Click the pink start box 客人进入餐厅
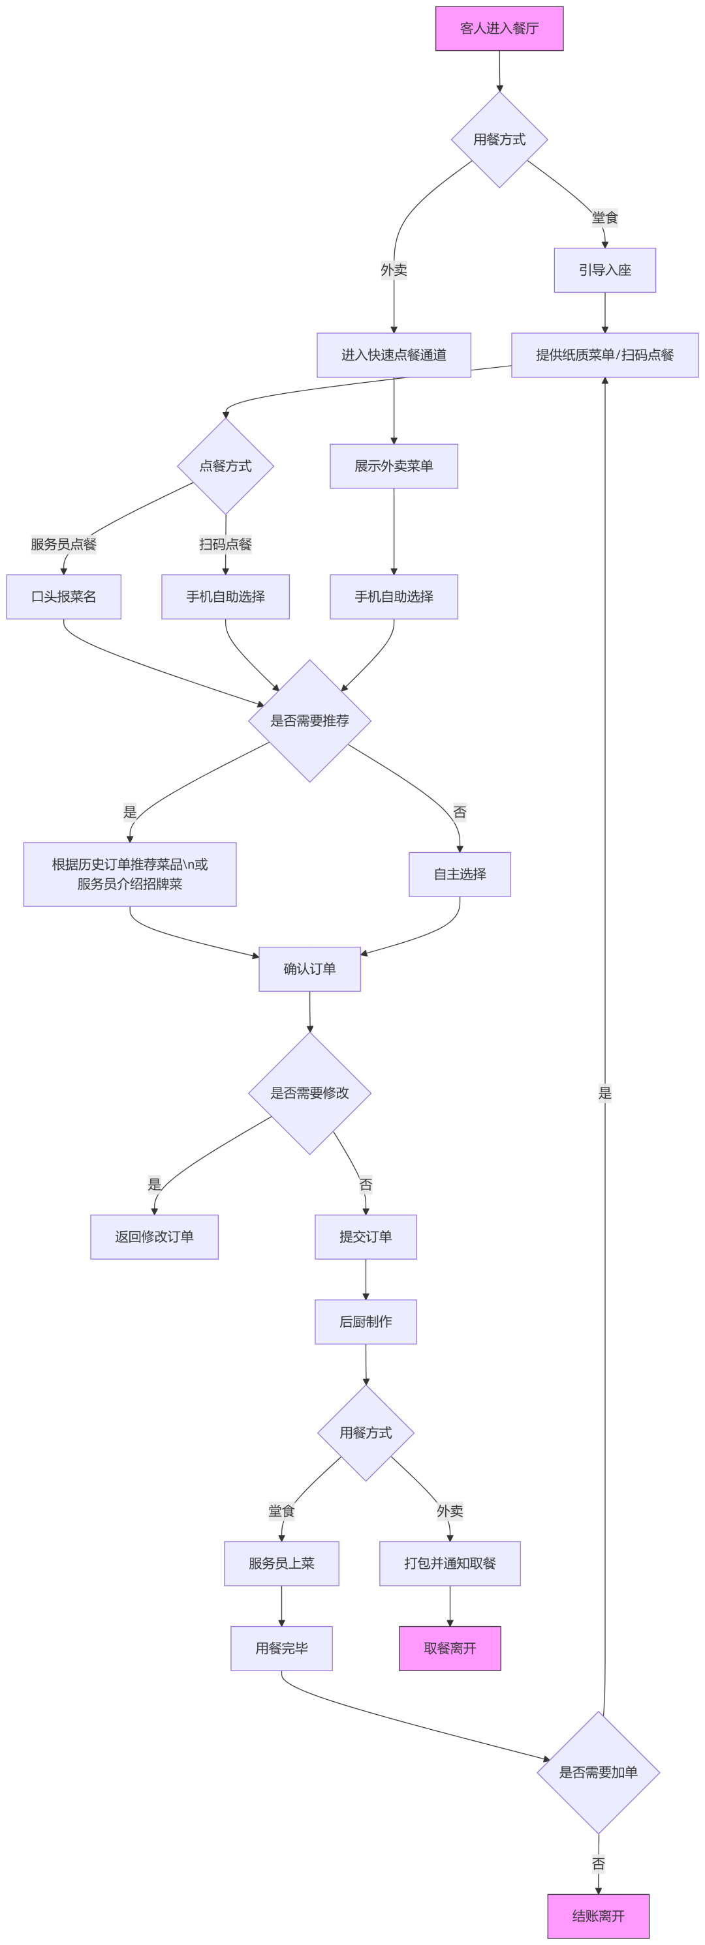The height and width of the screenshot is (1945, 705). coord(499,29)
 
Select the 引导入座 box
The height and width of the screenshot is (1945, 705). coord(604,271)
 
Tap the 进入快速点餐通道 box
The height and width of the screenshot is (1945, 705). coord(394,355)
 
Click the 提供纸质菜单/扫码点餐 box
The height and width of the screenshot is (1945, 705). coord(604,355)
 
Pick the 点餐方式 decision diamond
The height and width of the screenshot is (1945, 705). coord(225,466)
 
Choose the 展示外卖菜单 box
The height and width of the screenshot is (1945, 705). coord(394,466)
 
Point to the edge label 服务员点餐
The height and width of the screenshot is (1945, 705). coord(63,544)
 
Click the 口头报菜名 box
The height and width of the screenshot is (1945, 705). coord(63,597)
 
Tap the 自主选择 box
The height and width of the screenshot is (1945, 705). coord(460,874)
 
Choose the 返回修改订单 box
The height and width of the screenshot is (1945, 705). coord(154,1237)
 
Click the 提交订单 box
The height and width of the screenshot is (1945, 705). coord(366,1237)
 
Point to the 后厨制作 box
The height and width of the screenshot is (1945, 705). coord(366,1322)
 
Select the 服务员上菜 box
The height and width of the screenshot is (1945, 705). coord(281,1564)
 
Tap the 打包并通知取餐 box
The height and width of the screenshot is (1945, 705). coord(450,1564)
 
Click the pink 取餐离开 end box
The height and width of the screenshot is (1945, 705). coord(450,1648)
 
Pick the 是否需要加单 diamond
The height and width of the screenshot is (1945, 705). coord(598,1772)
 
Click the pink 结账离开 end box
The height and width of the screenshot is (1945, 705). coord(598,1916)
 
